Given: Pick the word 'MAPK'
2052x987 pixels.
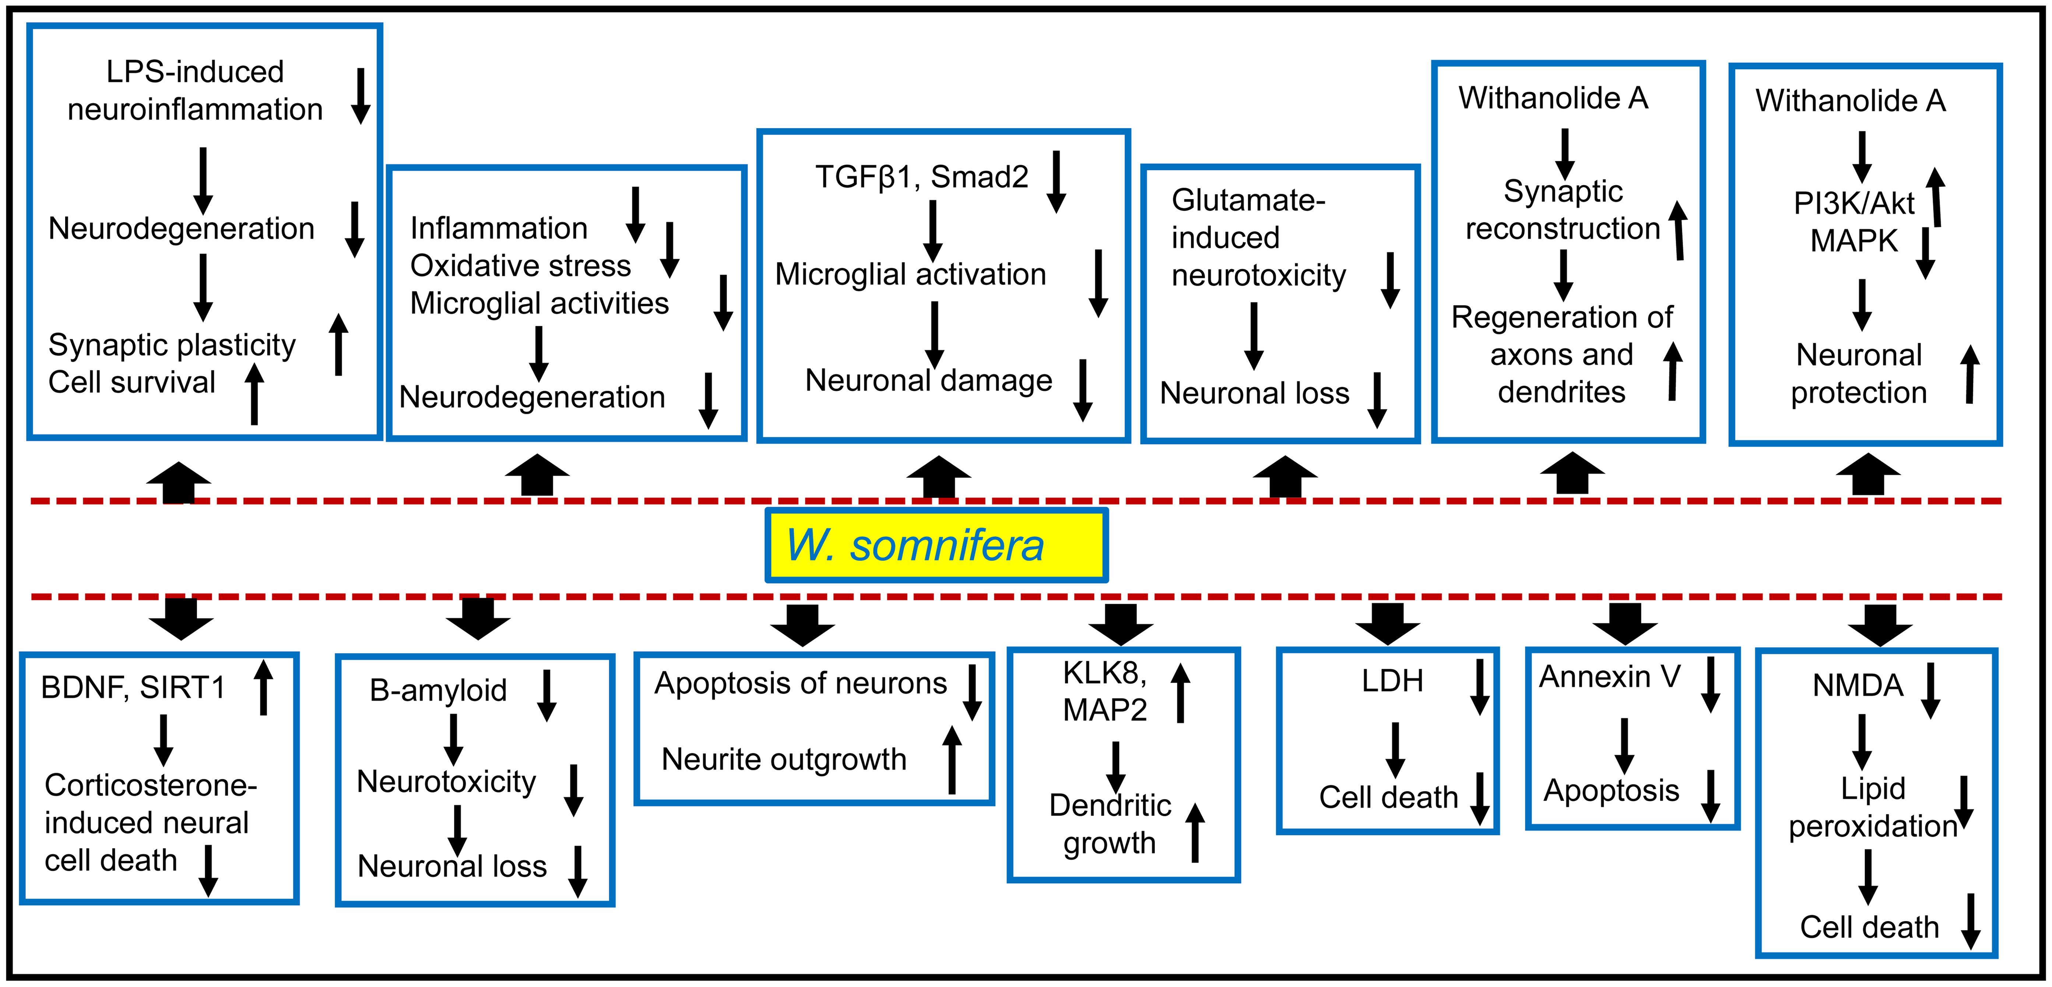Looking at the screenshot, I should click(1854, 240).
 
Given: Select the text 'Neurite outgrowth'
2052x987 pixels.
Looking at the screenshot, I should click(784, 760).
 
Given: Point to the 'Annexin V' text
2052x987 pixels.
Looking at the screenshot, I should click(1609, 677).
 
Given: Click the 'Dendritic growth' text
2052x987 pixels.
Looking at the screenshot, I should click(1110, 824).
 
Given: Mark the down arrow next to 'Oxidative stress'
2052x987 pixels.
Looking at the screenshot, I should click(670, 249).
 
